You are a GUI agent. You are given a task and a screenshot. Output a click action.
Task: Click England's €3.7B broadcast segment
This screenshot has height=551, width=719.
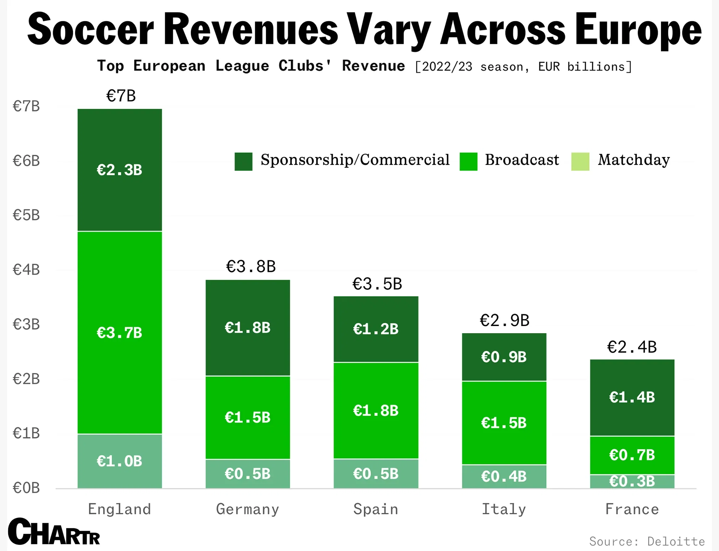pyautogui.click(x=120, y=332)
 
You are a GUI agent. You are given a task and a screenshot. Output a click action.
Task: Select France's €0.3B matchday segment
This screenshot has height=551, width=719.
pyautogui.click(x=632, y=482)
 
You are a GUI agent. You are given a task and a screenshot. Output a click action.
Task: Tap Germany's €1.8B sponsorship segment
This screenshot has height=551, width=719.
pyautogui.click(x=248, y=328)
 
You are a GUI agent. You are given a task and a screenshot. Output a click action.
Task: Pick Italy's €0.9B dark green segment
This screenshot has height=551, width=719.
pyautogui.click(x=504, y=357)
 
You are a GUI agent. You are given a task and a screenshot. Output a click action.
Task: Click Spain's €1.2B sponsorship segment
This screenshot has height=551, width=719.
pyautogui.click(x=376, y=329)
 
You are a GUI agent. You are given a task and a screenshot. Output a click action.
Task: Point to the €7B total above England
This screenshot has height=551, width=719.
pyautogui.click(x=121, y=96)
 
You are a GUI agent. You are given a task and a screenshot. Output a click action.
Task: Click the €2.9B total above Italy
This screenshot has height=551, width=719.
pyautogui.click(x=504, y=320)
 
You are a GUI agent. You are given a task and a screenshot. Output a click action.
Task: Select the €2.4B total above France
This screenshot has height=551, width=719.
pyautogui.click(x=632, y=347)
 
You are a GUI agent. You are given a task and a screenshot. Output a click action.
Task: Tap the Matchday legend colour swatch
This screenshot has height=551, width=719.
pyautogui.click(x=580, y=162)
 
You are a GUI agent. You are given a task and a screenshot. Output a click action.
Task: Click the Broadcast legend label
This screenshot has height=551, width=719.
pyautogui.click(x=522, y=160)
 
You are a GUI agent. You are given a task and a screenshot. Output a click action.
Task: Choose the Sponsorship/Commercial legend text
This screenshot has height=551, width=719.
pyautogui.click(x=355, y=160)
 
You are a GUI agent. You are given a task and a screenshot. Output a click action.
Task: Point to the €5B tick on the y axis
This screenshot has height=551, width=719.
pyautogui.click(x=26, y=215)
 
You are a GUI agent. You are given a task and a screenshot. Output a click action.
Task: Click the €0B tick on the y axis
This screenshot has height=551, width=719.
pyautogui.click(x=26, y=488)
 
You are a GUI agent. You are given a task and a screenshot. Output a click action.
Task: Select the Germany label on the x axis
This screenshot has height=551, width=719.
pyautogui.click(x=248, y=509)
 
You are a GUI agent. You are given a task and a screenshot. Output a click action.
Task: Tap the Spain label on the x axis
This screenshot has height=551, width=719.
pyautogui.click(x=376, y=509)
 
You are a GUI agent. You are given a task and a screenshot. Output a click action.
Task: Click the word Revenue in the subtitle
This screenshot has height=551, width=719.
pyautogui.click(x=373, y=66)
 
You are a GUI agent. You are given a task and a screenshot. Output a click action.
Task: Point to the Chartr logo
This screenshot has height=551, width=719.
pyautogui.click(x=54, y=532)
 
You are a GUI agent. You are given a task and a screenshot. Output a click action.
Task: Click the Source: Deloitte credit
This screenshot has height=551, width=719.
pyautogui.click(x=647, y=541)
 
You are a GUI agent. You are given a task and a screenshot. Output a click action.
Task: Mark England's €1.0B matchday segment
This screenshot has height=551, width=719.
pyautogui.click(x=120, y=461)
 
